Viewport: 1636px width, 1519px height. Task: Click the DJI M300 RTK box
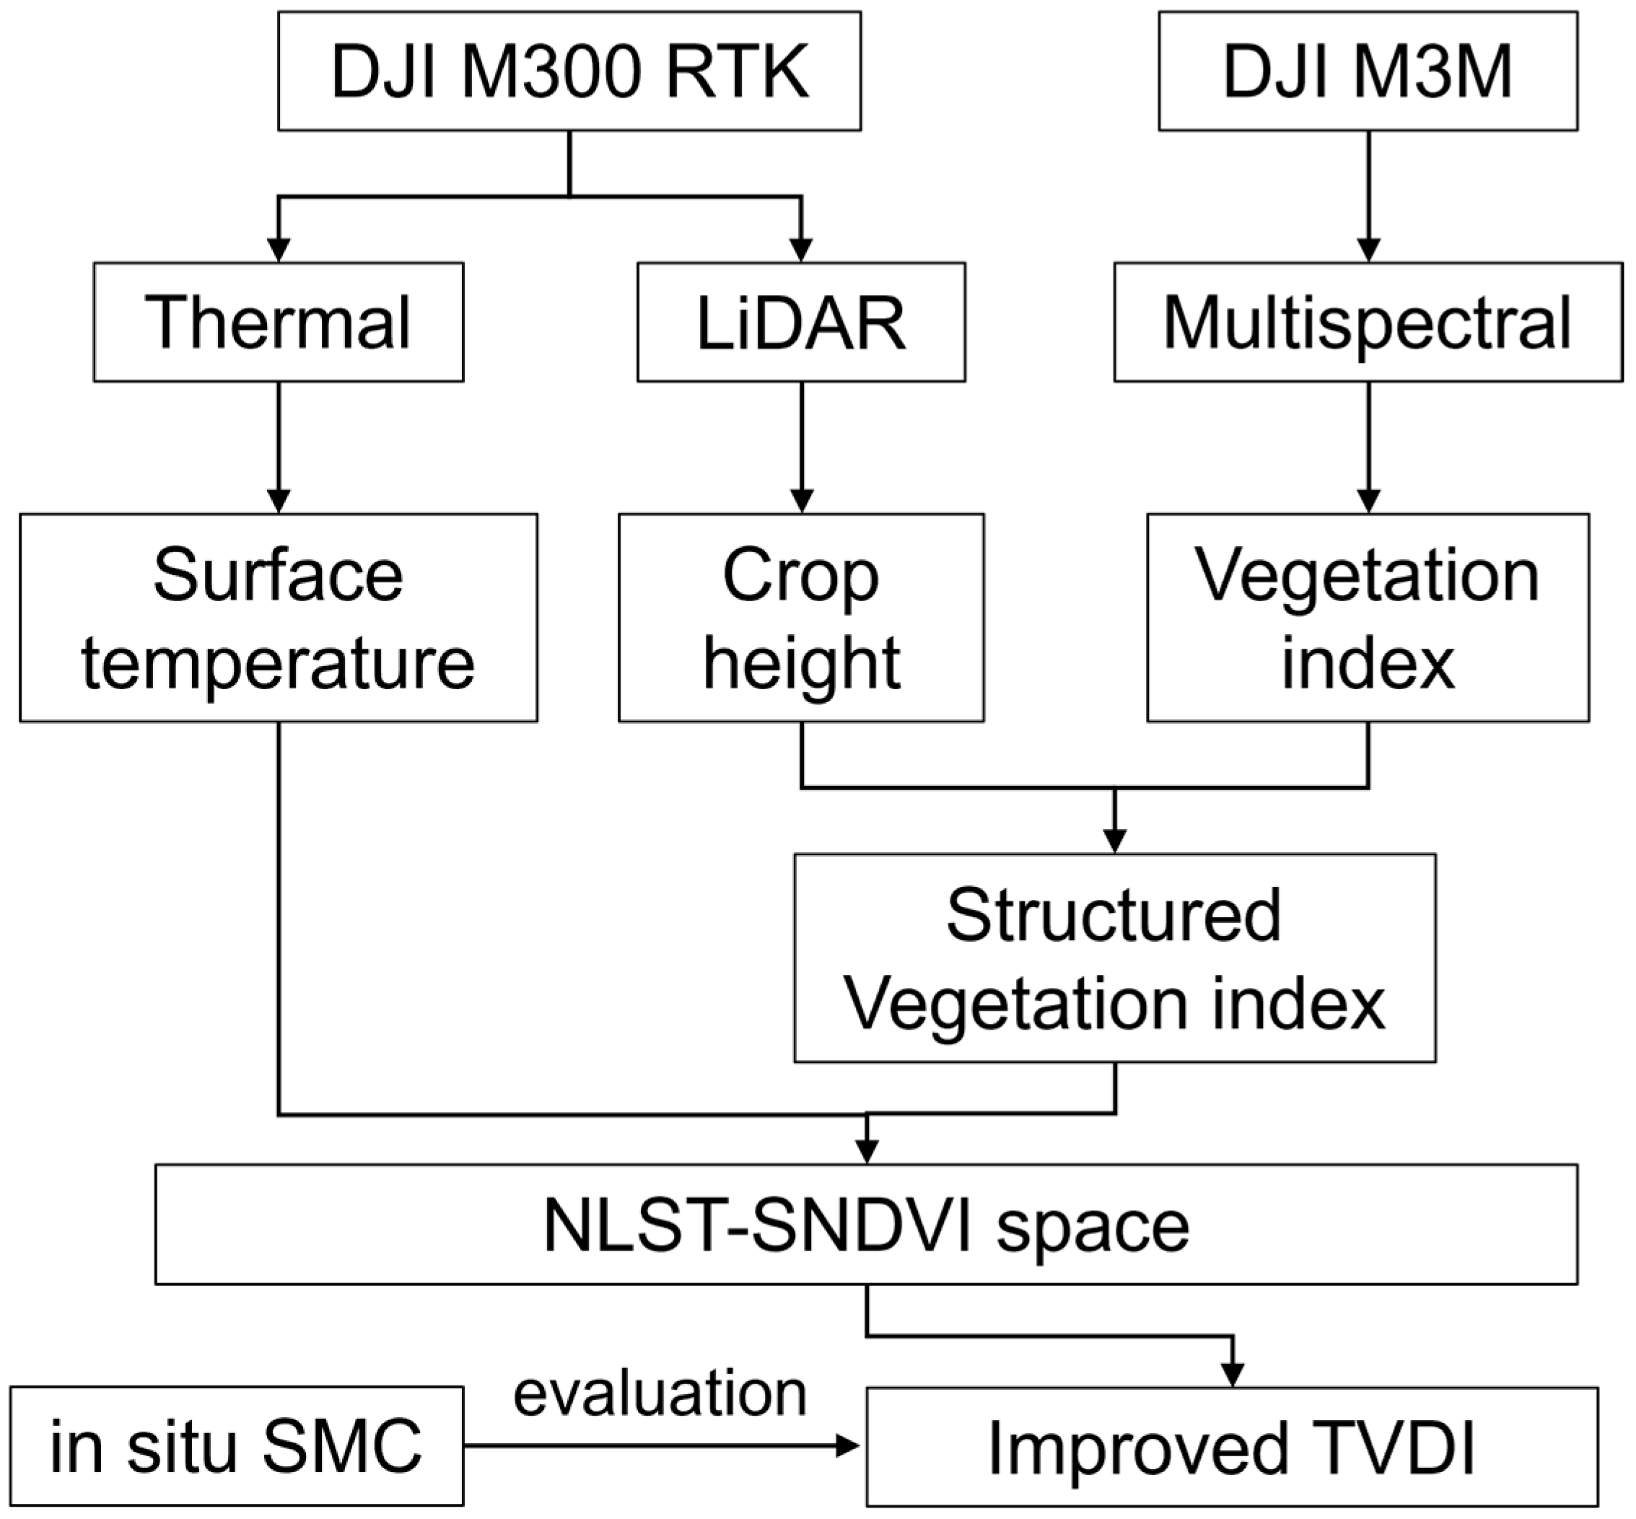pos(569,71)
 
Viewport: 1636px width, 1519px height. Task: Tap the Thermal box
pos(278,323)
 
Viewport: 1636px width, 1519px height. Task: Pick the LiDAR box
pos(801,323)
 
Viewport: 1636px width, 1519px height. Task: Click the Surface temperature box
pos(278,618)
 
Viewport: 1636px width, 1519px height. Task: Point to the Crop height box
pos(801,618)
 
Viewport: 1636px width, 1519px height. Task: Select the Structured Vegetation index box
pos(1115,958)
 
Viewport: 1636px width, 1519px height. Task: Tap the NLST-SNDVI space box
pos(866,1225)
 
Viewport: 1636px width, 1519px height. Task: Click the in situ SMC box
pos(237,1447)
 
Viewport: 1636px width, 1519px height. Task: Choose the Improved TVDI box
pos(1232,1448)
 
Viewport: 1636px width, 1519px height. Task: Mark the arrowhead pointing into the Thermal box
pos(279,250)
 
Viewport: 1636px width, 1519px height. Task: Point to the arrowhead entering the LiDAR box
pos(801,250)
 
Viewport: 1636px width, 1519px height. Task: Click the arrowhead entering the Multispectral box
pos(1368,250)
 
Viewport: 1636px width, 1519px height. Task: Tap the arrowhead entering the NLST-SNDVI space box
pos(867,1152)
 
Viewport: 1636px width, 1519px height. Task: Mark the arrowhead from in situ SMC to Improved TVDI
pos(847,1447)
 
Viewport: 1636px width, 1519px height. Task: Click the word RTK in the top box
pos(737,72)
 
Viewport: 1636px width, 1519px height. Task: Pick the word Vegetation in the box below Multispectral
pos(1366,575)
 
